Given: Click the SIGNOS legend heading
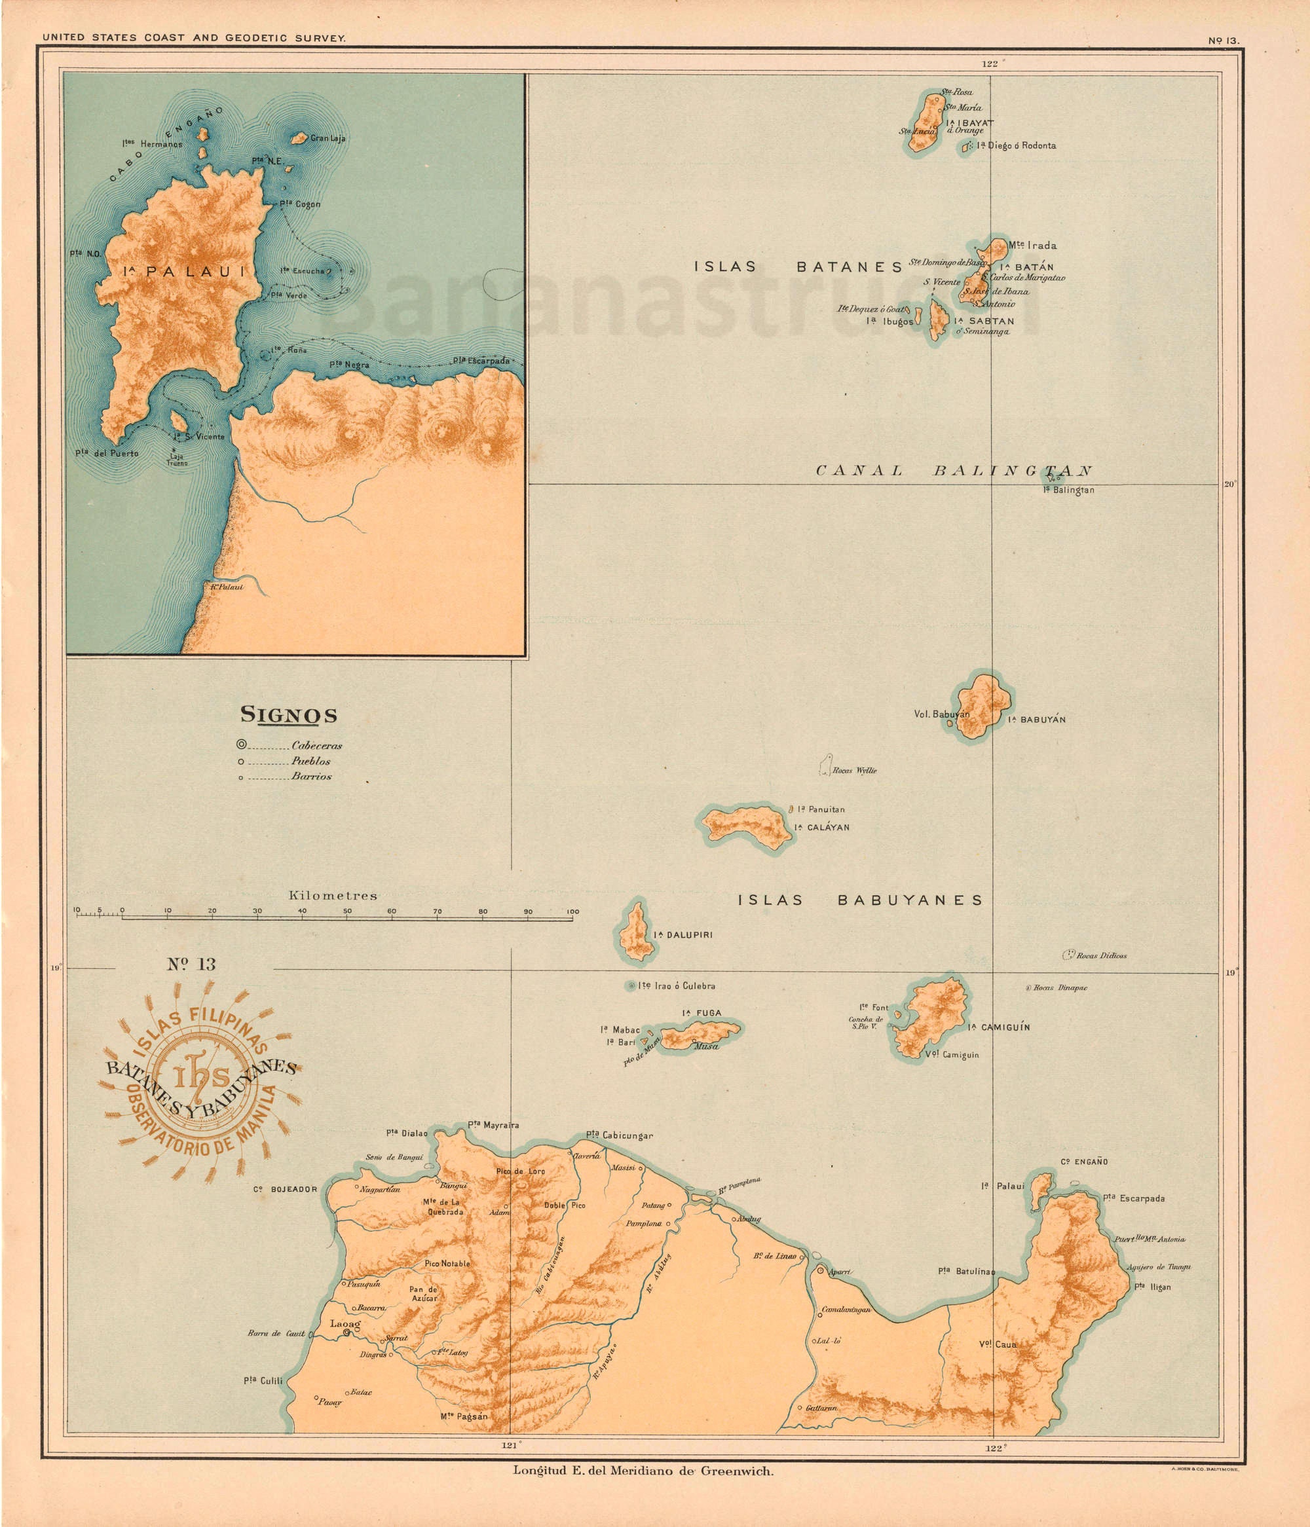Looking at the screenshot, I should point(289,715).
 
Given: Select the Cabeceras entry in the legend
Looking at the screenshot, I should point(316,745).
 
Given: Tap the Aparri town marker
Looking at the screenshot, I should point(821,1270).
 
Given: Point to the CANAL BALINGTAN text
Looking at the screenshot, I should point(953,471).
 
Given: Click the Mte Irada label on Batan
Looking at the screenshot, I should point(1032,246).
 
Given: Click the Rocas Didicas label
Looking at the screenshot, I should point(1100,956).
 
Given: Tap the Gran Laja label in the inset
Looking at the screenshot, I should point(327,138).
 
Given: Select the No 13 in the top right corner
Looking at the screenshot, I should point(1223,41).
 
